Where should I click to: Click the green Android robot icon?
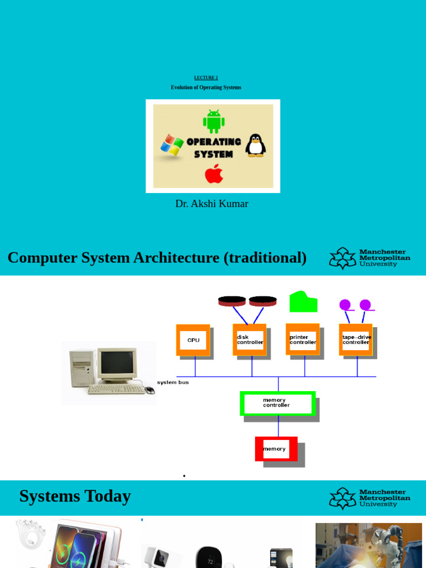click(214, 121)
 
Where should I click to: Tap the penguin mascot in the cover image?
click(255, 145)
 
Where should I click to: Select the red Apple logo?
click(214, 173)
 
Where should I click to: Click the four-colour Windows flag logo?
click(172, 145)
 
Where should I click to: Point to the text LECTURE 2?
click(206, 78)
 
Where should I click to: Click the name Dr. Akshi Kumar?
click(211, 204)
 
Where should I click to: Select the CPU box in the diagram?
click(193, 340)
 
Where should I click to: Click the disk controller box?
click(250, 339)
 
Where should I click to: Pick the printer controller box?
click(302, 339)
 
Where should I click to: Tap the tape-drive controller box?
click(356, 339)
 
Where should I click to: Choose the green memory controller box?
click(278, 403)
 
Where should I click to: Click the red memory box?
click(276, 449)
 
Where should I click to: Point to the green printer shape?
click(303, 302)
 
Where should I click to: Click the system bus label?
click(173, 382)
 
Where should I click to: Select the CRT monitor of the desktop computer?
click(117, 364)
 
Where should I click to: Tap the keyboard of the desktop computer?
click(116, 389)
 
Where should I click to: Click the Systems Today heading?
click(75, 496)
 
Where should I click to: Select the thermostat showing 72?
click(210, 557)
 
